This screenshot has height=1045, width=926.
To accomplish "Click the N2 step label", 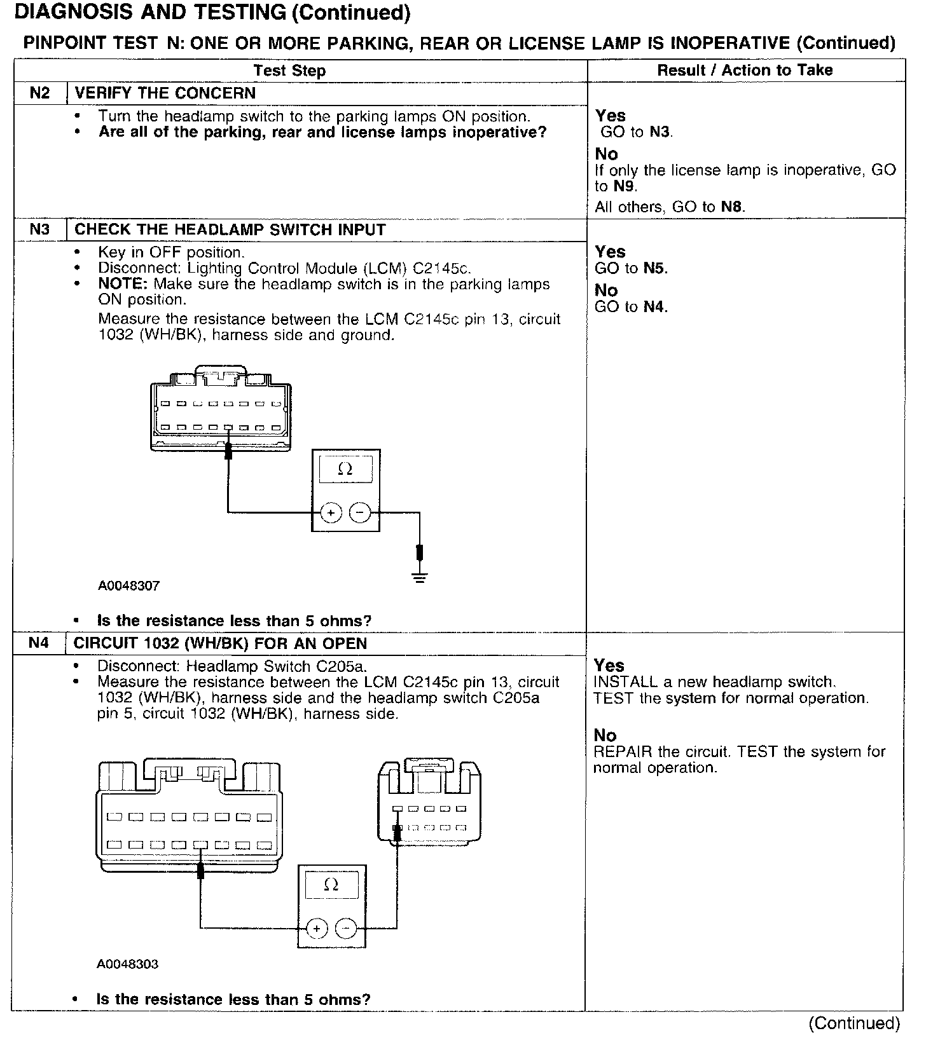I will (x=39, y=93).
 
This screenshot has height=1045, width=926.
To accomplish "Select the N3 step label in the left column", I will (x=39, y=229).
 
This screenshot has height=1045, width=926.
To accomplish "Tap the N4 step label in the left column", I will (x=38, y=643).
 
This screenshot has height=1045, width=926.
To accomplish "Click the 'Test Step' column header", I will (x=289, y=71).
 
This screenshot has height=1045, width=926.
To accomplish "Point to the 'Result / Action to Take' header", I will (x=745, y=70).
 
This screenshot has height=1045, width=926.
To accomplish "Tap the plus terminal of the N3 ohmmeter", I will (x=331, y=512).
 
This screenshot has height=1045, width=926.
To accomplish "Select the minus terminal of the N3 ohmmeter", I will (x=360, y=512).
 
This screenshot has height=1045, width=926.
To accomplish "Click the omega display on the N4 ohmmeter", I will (x=331, y=885).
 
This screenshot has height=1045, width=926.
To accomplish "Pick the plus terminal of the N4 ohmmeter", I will (x=316, y=929).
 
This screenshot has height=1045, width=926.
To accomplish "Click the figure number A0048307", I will (x=128, y=585).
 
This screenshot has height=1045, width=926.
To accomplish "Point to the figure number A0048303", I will (x=127, y=964).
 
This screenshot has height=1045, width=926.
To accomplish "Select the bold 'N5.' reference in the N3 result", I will (x=655, y=268).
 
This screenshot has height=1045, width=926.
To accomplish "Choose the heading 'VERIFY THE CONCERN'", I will (x=165, y=93).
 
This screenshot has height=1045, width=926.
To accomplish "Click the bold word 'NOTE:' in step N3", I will (x=123, y=284).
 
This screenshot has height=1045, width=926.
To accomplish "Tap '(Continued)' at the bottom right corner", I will (x=853, y=1023).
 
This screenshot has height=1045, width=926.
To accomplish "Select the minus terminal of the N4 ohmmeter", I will (x=346, y=929).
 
